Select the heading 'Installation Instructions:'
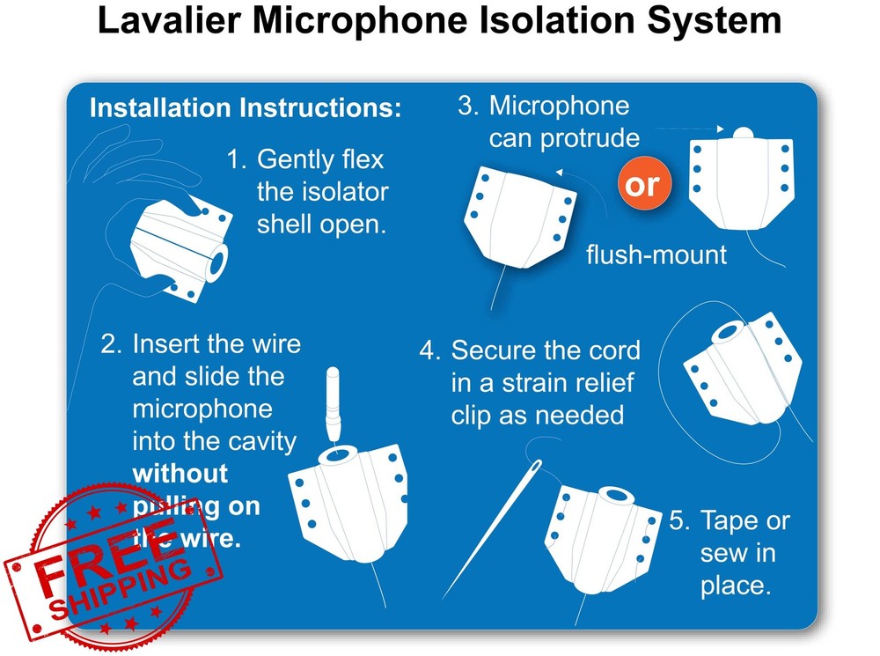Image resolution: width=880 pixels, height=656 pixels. point(246,108)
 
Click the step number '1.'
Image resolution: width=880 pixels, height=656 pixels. point(237,160)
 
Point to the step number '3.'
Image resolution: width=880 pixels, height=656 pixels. point(467,107)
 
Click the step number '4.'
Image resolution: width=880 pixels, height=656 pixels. point(429,350)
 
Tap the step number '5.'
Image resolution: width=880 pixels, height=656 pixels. point(678,520)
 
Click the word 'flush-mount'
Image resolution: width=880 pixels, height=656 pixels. point(656,255)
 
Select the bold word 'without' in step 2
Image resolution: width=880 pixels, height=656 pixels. point(180,473)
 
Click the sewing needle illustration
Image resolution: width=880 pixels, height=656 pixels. point(493,527)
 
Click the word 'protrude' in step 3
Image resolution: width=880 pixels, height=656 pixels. point(590,138)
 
